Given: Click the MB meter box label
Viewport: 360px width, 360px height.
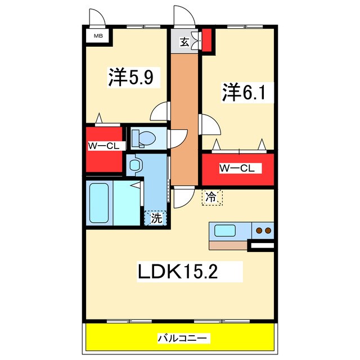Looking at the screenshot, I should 98,37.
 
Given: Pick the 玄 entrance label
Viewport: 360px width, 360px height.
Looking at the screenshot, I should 184,41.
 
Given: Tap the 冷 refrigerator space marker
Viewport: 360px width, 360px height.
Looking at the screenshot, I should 211,197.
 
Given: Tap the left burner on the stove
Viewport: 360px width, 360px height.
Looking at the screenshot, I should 260,230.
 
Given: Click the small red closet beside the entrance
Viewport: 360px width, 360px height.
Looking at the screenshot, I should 207,39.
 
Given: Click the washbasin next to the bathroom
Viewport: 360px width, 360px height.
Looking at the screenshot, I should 134,164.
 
